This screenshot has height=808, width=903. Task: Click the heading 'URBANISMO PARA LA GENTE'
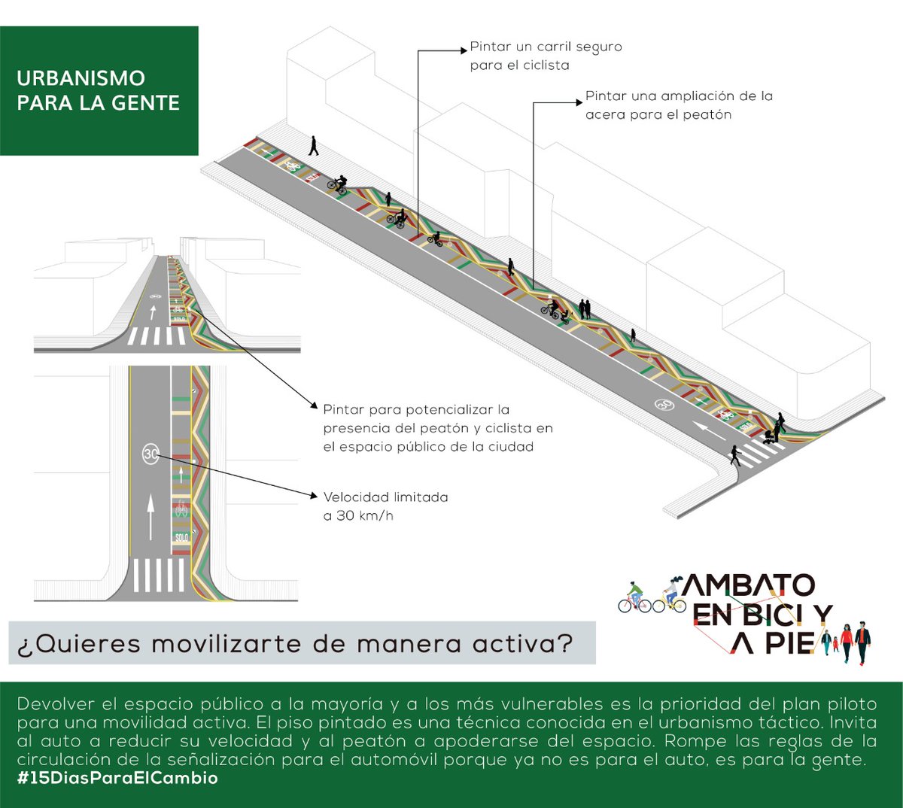point(98,90)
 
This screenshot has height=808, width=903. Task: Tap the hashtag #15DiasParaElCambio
point(117,778)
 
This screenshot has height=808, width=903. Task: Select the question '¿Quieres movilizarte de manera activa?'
point(295,643)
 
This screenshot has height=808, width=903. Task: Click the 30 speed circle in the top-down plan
point(150,454)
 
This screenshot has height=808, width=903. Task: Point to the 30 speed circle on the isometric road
point(664,405)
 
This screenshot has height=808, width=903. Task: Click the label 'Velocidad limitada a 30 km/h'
point(385,506)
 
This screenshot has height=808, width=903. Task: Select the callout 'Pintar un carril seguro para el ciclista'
point(546,56)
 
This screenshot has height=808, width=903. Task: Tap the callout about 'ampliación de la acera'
point(679,105)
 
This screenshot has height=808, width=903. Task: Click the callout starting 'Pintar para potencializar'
point(438,428)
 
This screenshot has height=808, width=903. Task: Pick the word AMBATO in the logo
point(749,585)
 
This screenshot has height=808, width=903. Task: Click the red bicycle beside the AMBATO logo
point(634,598)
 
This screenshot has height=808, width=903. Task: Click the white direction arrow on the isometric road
point(709,430)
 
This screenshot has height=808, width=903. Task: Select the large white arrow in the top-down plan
point(150,517)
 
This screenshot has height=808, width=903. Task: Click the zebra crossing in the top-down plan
point(159,576)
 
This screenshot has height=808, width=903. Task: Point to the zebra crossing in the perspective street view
point(156,336)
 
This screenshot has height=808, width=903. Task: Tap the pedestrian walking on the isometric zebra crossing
point(735,455)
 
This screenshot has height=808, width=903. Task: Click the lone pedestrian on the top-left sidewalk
point(314,146)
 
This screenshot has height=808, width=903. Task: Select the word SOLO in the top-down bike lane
point(181,537)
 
